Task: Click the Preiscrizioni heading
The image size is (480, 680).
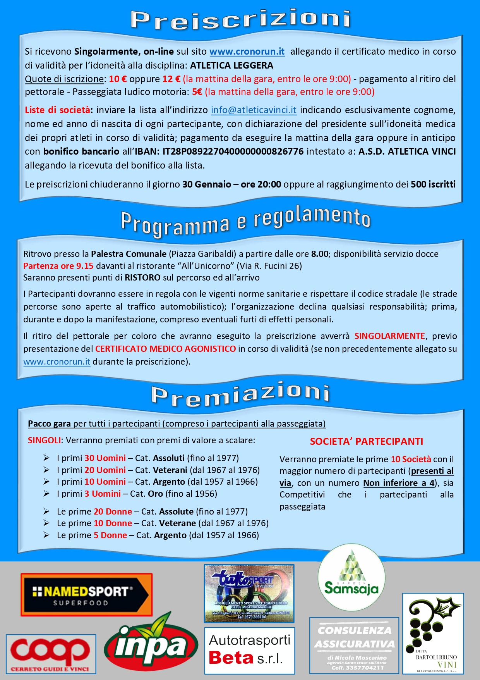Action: pyautogui.click(x=240, y=19)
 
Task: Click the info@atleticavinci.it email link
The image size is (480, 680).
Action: pyautogui.click(x=254, y=110)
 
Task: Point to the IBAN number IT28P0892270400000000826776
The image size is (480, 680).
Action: pyautogui.click(x=233, y=151)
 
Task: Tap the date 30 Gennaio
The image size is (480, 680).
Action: pyautogui.click(x=206, y=184)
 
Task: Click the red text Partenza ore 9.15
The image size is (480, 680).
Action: pyautogui.click(x=58, y=266)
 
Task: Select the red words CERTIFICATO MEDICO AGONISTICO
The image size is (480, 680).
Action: pyautogui.click(x=165, y=349)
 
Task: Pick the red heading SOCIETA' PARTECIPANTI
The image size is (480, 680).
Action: pyautogui.click(x=366, y=442)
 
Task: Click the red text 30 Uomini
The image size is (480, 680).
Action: pyautogui.click(x=105, y=458)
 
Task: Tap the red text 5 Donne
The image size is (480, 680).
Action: pyautogui.click(x=110, y=535)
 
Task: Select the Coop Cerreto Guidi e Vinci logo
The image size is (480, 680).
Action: pyautogui.click(x=51, y=654)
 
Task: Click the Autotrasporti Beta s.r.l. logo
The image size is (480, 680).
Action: pyautogui.click(x=249, y=651)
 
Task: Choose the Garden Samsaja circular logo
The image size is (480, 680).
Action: pyautogui.click(x=351, y=577)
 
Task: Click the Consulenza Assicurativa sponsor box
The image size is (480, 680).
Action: pyautogui.click(x=354, y=645)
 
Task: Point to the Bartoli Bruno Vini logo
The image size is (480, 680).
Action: pyautogui.click(x=433, y=634)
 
